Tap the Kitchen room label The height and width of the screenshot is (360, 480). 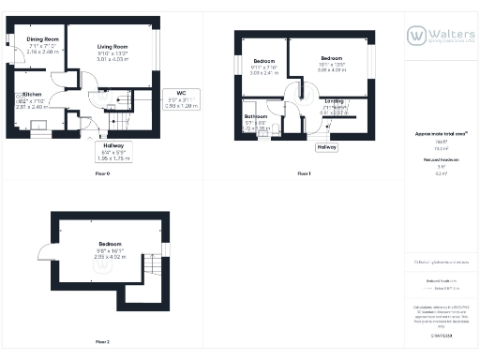coord(33,96)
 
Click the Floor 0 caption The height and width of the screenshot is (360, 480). coord(103,174)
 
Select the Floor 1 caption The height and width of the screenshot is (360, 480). coord(303,174)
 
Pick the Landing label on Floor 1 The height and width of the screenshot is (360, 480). coord(333,102)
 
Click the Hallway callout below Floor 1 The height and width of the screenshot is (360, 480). coord(326,147)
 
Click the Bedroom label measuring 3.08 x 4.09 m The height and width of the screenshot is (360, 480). coord(331,58)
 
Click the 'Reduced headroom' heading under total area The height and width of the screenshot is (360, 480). coord(441,160)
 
